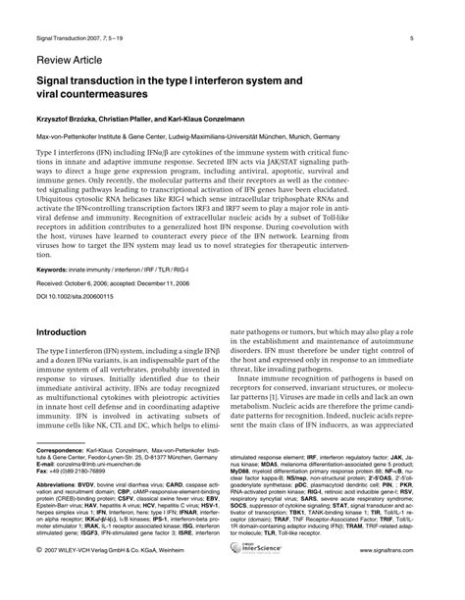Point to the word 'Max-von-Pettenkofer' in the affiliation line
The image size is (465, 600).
67,137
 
